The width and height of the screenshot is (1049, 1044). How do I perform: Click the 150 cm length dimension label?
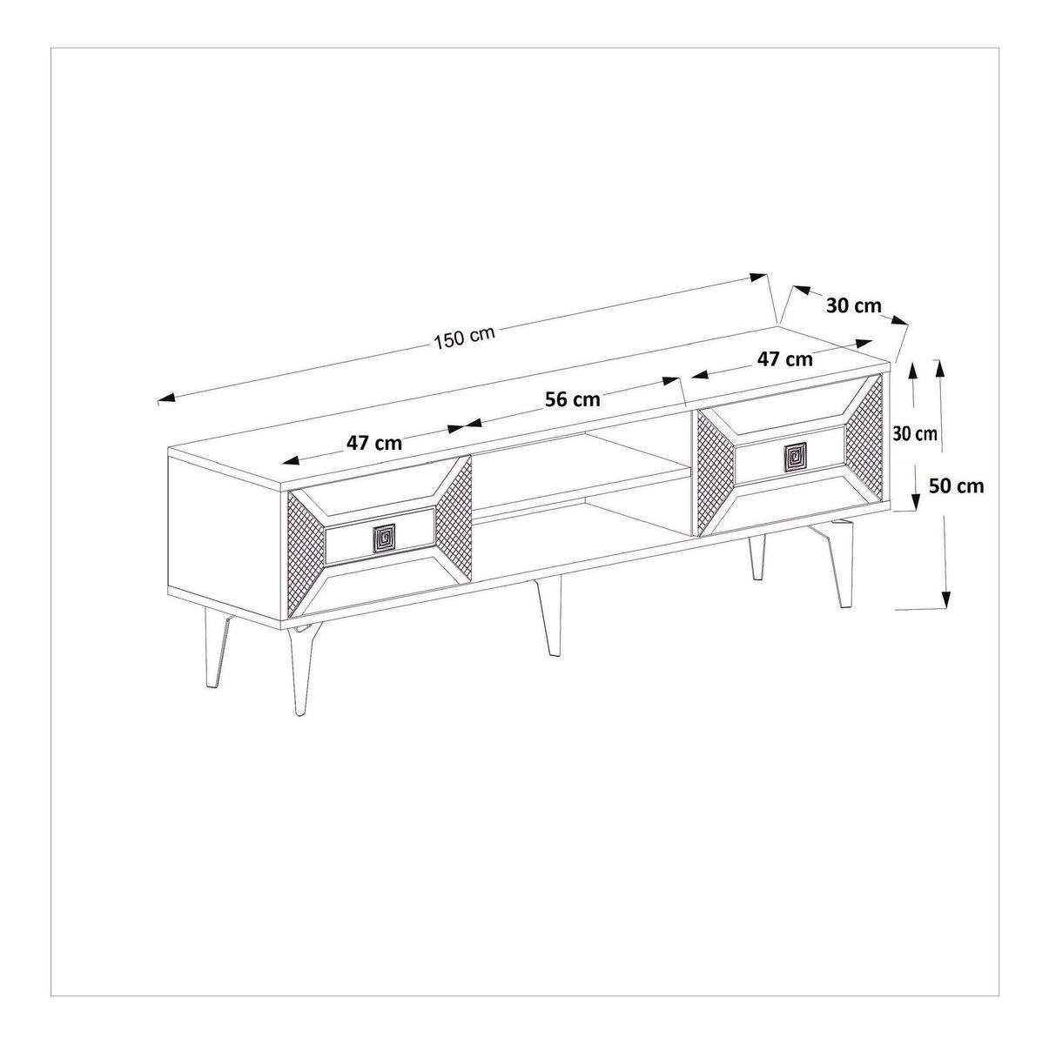pos(464,338)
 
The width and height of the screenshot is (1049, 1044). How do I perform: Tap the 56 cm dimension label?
pos(572,400)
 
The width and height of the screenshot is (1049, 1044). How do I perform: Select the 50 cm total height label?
pos(956,485)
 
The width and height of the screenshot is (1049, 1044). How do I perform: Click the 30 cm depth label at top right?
pos(854,305)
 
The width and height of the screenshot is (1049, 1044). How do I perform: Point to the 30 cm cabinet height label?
pos(915,433)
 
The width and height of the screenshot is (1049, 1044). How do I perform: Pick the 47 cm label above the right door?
pos(785,359)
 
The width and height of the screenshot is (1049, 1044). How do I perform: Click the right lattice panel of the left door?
pos(454,519)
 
